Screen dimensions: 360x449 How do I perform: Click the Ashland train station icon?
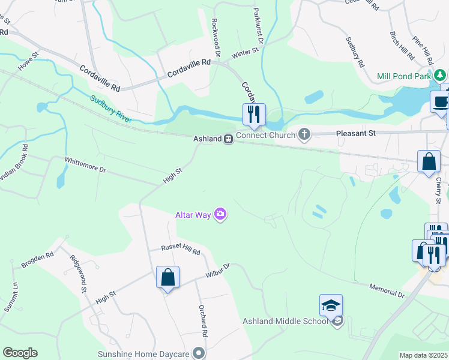(228, 139)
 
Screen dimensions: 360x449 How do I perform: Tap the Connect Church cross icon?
(304, 134)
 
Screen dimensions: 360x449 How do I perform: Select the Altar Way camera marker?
(220, 214)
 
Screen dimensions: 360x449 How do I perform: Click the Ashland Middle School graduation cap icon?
(331, 306)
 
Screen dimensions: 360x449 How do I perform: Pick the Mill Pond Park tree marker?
(441, 76)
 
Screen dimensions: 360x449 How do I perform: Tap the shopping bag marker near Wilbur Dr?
(168, 278)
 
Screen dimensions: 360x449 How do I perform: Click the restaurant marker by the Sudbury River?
(254, 115)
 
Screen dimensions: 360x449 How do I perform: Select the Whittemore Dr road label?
(85, 165)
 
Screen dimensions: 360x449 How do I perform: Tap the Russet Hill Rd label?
(180, 251)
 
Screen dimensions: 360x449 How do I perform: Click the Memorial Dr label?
(387, 292)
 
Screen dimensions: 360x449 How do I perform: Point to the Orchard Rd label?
(204, 325)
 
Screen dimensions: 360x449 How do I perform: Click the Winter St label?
(244, 53)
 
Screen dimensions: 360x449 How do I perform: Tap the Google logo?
(20, 353)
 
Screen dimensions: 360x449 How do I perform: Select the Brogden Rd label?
(37, 259)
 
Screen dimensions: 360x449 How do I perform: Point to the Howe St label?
(28, 62)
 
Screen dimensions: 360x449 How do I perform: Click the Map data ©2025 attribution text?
(424, 355)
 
